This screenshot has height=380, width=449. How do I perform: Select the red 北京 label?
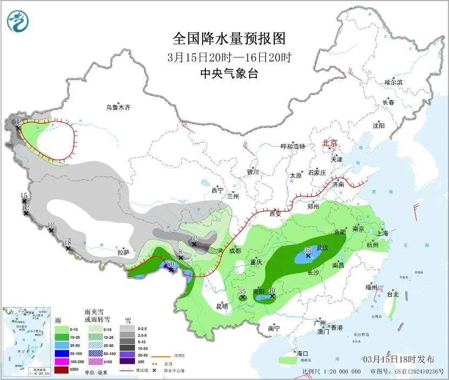coord(330,143)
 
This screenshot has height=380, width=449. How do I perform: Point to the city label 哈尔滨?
coord(393,82)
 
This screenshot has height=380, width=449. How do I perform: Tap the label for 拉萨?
coord(124,252)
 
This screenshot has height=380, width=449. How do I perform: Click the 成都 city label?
coord(234,251)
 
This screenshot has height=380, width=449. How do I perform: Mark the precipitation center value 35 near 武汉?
coord(307,250)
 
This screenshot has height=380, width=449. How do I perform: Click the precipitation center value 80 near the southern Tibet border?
coord(171,264)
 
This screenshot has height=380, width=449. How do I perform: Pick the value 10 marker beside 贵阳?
coord(272,291)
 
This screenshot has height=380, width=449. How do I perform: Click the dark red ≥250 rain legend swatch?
coord(61,371)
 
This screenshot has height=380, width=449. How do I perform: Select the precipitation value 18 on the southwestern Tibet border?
coord(68,243)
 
